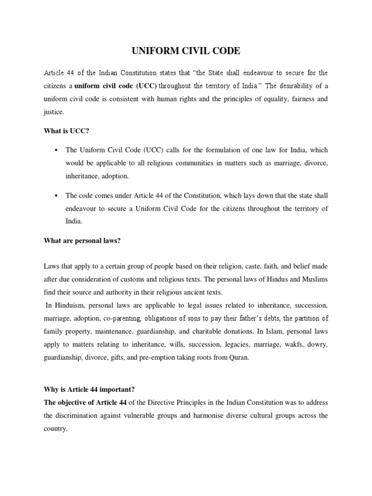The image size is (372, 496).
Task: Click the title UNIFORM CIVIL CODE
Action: pyautogui.click(x=186, y=51)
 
